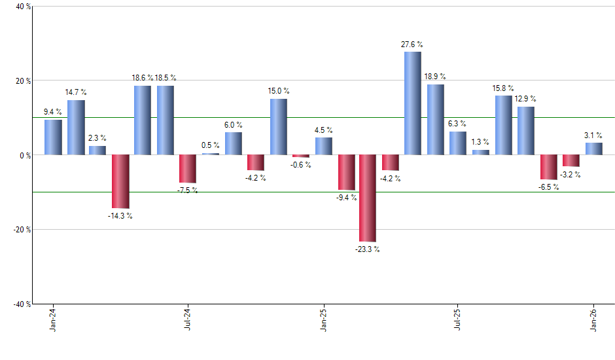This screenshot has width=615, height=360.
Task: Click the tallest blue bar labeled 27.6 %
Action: pyautogui.click(x=412, y=103)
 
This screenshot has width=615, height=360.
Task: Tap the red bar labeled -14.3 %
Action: pyautogui.click(x=120, y=181)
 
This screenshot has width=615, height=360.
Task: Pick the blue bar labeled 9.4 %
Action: pyautogui.click(x=53, y=137)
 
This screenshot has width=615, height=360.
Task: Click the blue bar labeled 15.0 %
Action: pyautogui.click(x=278, y=127)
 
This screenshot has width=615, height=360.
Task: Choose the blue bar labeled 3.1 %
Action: pyautogui.click(x=593, y=149)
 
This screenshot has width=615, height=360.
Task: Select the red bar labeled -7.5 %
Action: pyautogui.click(x=188, y=169)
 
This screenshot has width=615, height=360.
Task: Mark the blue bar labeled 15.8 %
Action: pyautogui.click(x=503, y=125)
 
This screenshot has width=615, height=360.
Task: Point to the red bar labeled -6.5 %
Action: pyautogui.click(x=548, y=167)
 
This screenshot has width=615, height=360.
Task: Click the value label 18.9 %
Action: pyautogui.click(x=435, y=76)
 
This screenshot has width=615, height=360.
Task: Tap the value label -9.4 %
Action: pyautogui.click(x=347, y=198)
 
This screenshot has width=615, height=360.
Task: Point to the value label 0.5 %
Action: pyautogui.click(x=210, y=145)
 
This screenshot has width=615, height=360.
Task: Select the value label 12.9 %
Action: pyautogui.click(x=525, y=98)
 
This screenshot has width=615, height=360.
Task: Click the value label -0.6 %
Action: pyautogui.click(x=301, y=165)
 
